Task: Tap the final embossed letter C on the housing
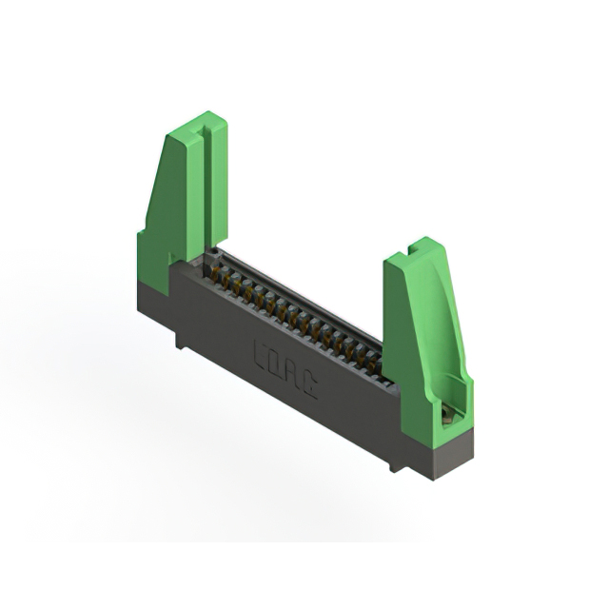[310, 383]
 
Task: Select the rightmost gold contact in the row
[373, 363]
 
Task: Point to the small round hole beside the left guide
[215, 253]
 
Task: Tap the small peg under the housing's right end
[392, 466]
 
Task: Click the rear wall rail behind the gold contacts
[304, 295]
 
